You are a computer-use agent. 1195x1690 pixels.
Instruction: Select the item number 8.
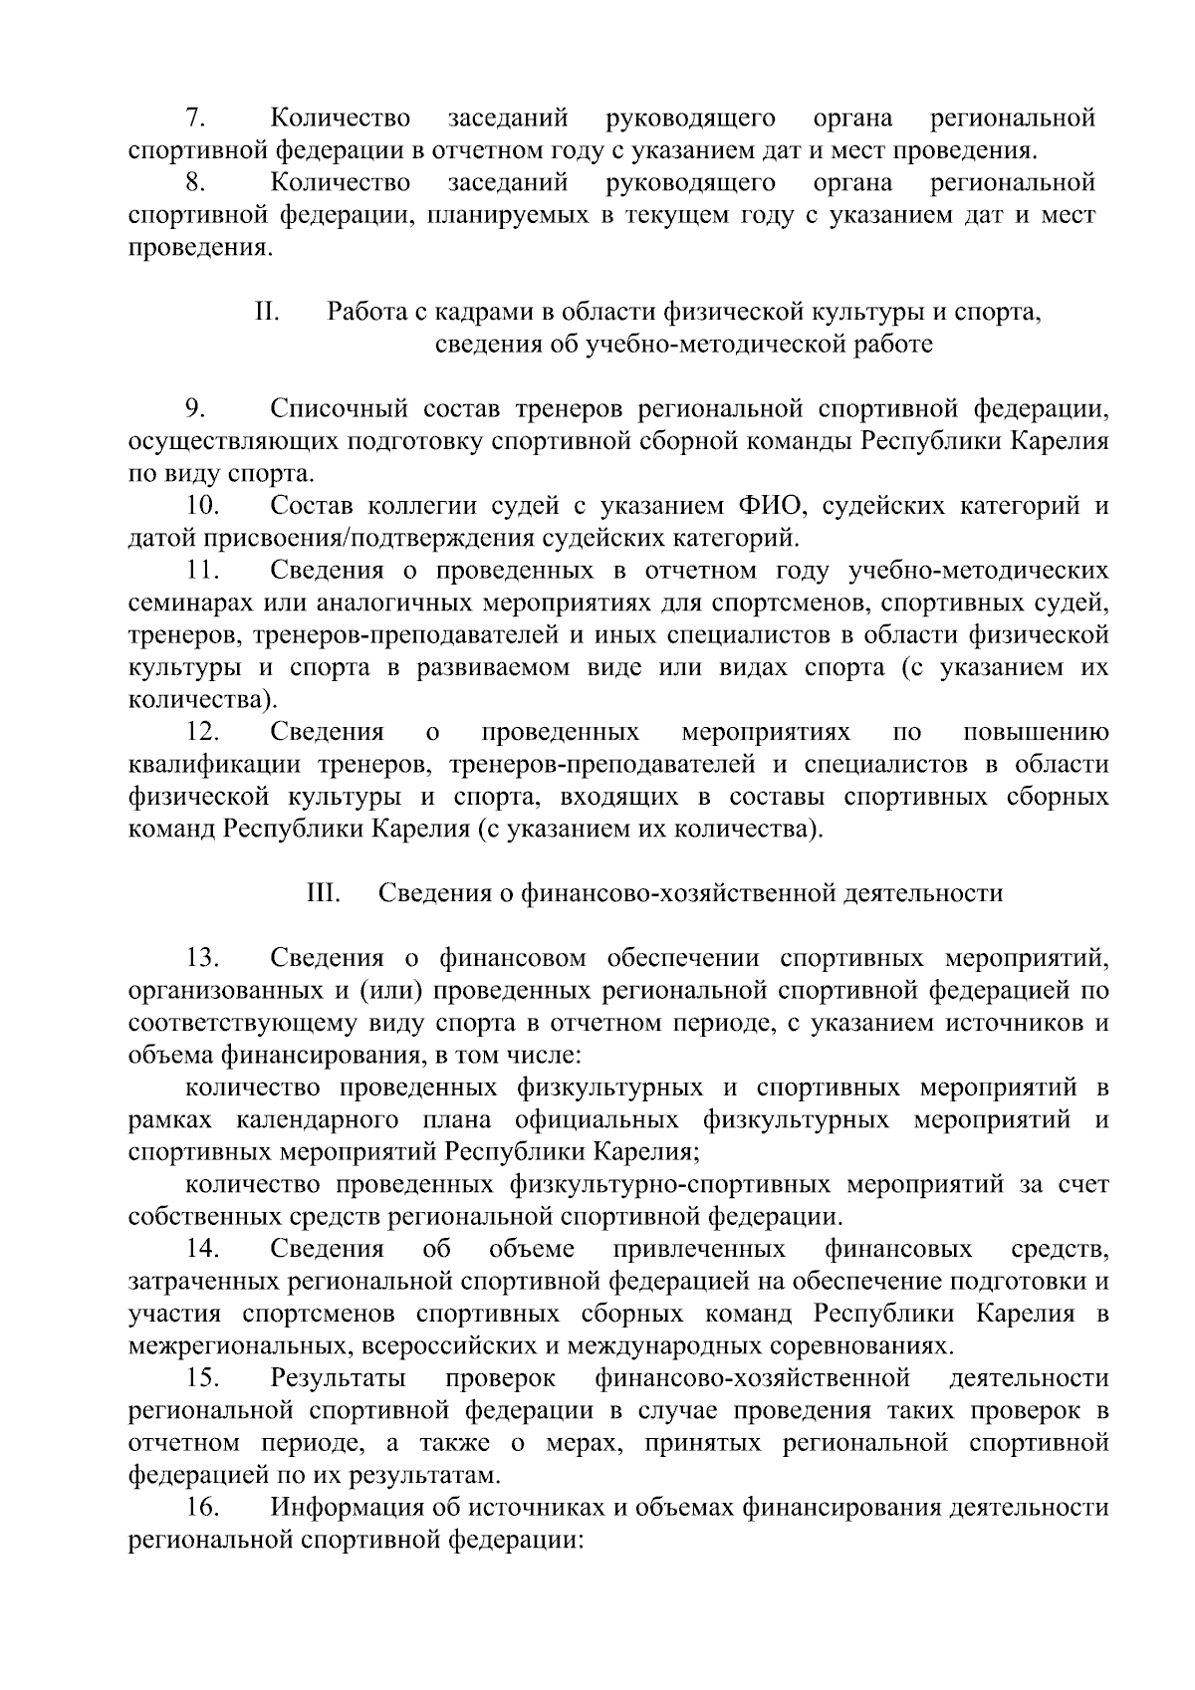click(x=196, y=183)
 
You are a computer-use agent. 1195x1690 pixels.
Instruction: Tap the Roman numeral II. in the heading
click(x=267, y=313)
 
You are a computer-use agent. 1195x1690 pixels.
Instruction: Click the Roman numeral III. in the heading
click(x=324, y=893)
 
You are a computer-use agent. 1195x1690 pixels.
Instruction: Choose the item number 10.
click(x=202, y=506)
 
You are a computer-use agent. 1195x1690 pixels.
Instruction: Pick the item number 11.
click(x=202, y=571)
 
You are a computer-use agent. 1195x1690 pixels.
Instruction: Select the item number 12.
click(x=202, y=733)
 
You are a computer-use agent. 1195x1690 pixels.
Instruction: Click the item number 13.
click(x=202, y=958)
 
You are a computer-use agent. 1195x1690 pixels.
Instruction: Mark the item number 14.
click(x=202, y=1249)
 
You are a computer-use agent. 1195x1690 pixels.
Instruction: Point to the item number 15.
click(x=202, y=1378)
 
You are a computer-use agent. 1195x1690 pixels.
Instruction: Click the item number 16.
click(x=202, y=1508)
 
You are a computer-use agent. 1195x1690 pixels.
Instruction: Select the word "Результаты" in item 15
click(x=338, y=1378)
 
